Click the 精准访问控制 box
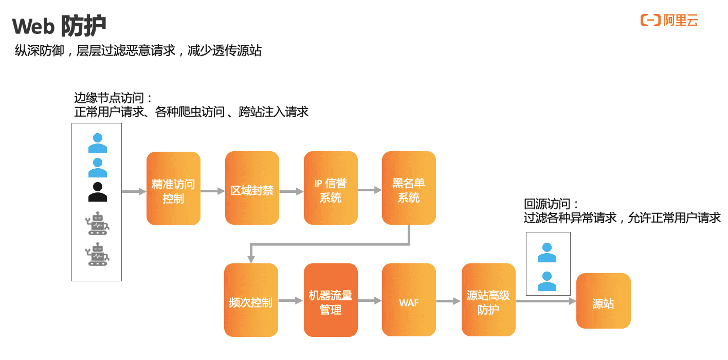coord(173,188)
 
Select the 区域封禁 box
coord(252,188)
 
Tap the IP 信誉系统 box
coord(331,188)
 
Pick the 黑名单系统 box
coord(409,188)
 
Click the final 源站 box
coord(603,301)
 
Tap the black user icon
coord(98,192)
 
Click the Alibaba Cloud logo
coord(669,21)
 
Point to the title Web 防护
coord(59,26)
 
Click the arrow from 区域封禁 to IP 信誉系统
coord(291,191)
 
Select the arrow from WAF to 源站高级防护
coord(448,301)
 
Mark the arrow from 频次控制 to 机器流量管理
coord(290,301)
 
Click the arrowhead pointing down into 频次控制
coord(251,258)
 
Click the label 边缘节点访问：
coord(114,98)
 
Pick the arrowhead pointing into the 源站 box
coord(572,301)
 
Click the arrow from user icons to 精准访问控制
coord(134,192)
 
